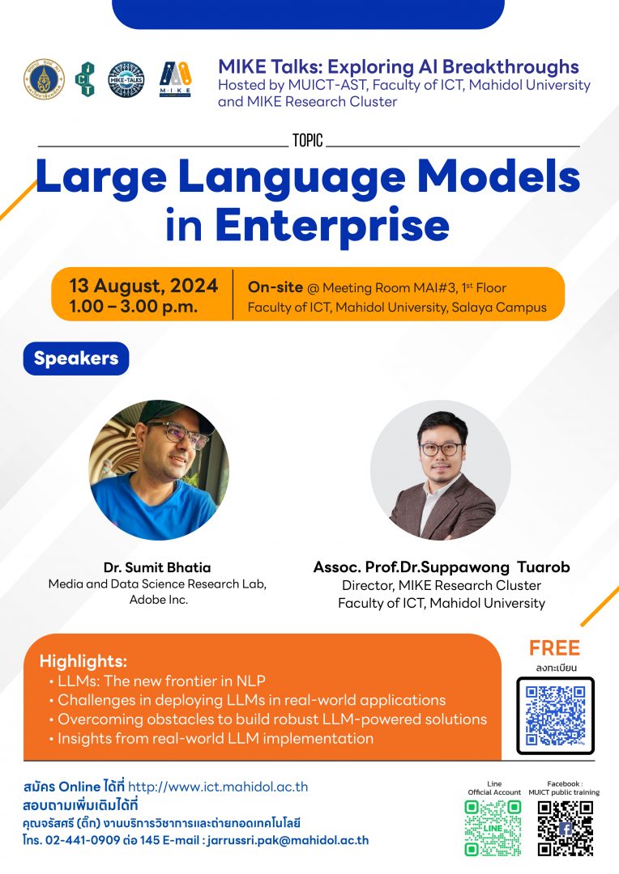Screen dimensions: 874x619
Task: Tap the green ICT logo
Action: coord(85,79)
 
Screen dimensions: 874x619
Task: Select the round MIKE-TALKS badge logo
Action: coord(126,79)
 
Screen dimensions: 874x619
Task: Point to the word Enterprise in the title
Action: coord(331,226)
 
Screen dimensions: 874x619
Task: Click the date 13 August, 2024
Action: coord(143,285)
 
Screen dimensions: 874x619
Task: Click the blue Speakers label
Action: coord(76,359)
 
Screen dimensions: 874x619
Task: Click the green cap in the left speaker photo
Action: coord(170,412)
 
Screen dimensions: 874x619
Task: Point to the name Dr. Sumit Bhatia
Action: coord(157,567)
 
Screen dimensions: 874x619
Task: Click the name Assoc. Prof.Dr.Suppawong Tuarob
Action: coord(441,567)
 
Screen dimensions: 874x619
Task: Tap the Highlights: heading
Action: coord(83,660)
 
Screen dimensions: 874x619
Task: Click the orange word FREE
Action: coord(554,648)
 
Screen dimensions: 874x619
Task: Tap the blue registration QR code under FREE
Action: coord(555,715)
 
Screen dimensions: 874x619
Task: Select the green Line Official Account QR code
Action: coord(493,828)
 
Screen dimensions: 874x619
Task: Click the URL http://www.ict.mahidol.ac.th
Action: coord(218,787)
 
